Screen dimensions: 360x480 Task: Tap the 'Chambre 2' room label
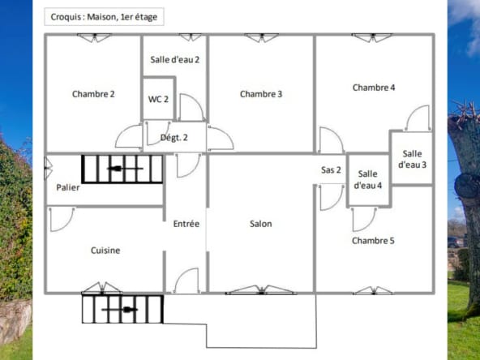coord(93,94)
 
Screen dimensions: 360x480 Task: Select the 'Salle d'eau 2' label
coord(174,59)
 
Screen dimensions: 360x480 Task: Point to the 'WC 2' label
coord(158,99)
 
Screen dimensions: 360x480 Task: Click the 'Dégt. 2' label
coord(174,138)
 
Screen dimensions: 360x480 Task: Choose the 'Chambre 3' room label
coord(261,94)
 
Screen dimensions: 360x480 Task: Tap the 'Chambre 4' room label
coord(374,88)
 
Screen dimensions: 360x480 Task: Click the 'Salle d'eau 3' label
coord(412,159)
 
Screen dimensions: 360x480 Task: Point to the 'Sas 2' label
coord(331,170)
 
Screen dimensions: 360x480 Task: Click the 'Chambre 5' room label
coord(373,241)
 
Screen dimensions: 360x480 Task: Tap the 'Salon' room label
coord(261,224)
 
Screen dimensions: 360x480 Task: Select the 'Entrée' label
coord(186,224)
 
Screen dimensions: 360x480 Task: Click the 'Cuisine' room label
coord(105,251)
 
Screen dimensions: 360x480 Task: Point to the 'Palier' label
coord(68,187)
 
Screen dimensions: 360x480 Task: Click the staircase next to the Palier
coord(122,169)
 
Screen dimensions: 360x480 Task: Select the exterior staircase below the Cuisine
coord(122,309)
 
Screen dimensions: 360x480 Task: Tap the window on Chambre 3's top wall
coord(261,36)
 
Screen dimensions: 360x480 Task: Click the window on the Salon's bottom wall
coord(261,289)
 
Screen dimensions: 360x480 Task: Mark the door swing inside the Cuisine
coord(61,218)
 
